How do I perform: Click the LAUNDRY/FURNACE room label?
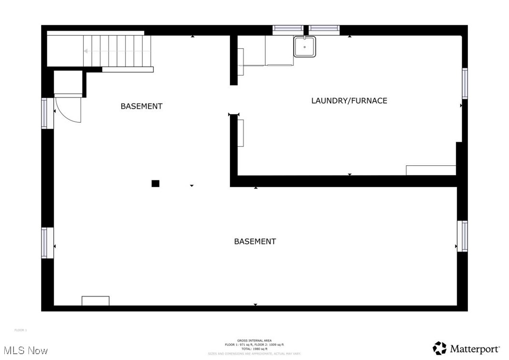tap(349, 101)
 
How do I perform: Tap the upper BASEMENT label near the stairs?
tap(141, 106)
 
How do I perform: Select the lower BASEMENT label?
tap(255, 242)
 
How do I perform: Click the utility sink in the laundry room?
tap(305, 47)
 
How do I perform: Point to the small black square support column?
tap(156, 183)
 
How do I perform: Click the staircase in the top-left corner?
tap(116, 50)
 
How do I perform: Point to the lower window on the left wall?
tap(47, 243)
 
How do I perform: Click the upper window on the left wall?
tap(47, 113)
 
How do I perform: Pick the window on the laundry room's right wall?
tap(465, 83)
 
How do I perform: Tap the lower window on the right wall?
tap(463, 236)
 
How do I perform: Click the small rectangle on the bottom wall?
tap(96, 301)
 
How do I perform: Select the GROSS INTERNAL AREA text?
tap(254, 340)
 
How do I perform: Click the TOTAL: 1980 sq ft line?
tap(254, 349)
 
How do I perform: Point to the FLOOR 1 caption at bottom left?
tap(21, 330)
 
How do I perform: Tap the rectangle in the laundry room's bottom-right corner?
tap(431, 170)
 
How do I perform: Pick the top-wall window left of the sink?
tap(288, 29)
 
